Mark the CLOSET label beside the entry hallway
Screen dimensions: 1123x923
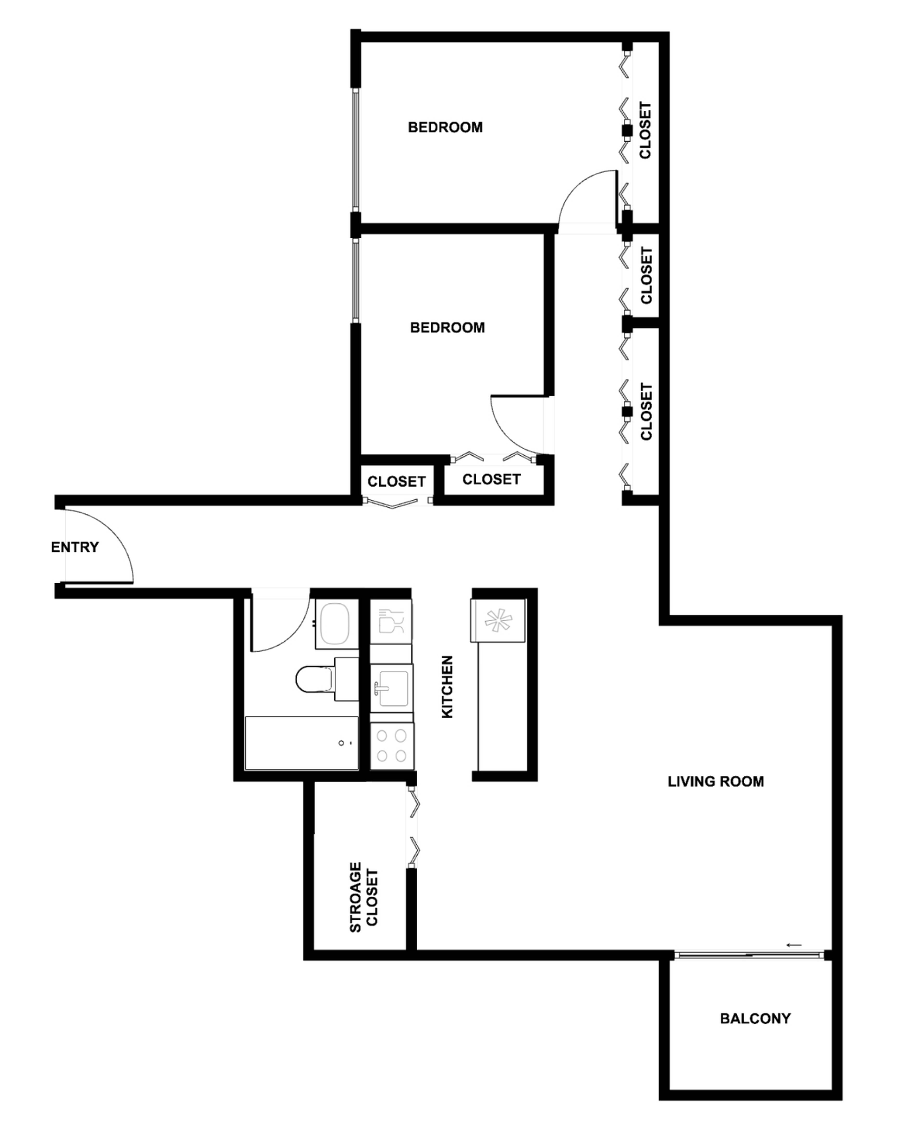pyautogui.click(x=397, y=482)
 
